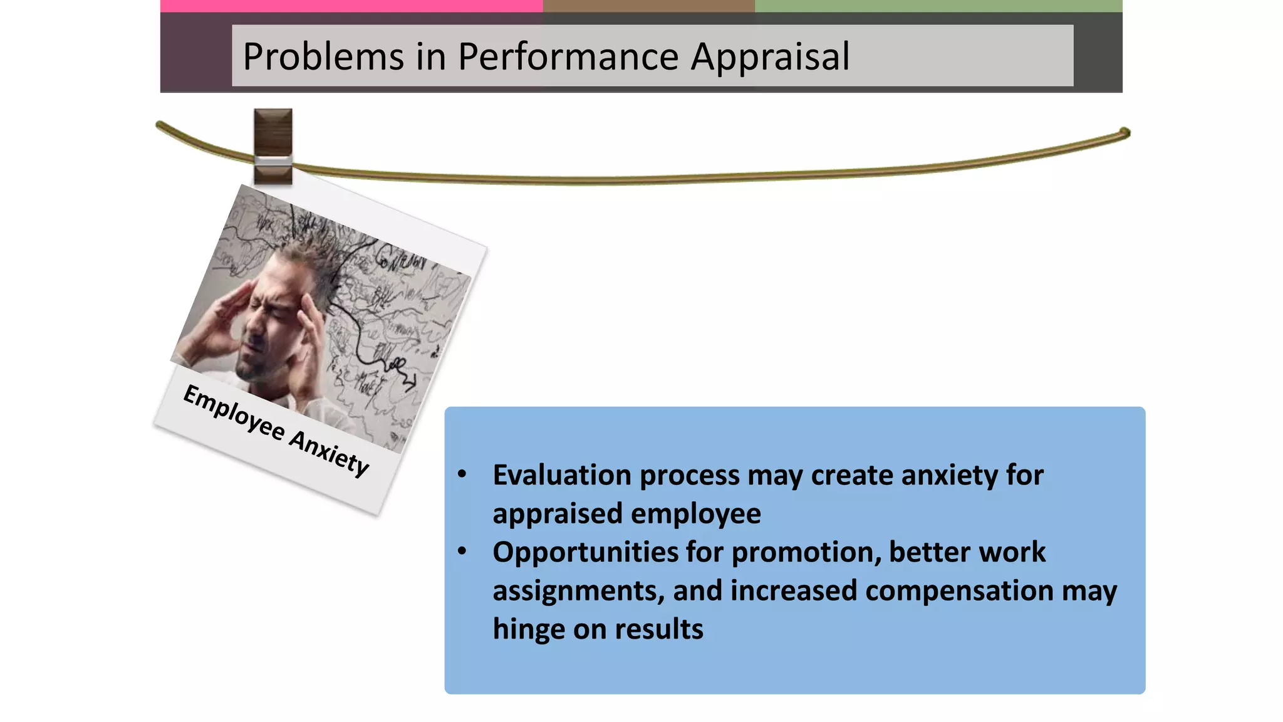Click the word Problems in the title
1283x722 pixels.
click(323, 56)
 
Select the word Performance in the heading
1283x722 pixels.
click(568, 56)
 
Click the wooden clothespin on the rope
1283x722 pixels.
click(273, 146)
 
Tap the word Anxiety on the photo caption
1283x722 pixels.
click(329, 453)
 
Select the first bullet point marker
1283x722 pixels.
click(462, 474)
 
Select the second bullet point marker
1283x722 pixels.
click(462, 552)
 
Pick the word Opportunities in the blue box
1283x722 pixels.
click(585, 553)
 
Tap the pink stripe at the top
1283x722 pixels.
click(351, 6)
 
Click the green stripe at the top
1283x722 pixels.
click(938, 6)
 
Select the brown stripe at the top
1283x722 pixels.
click(648, 6)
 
